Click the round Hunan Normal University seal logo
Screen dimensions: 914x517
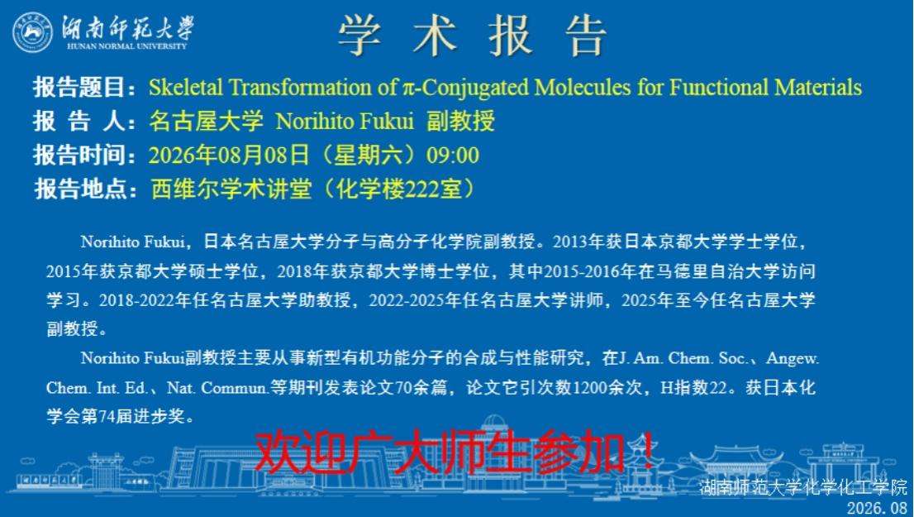point(33,33)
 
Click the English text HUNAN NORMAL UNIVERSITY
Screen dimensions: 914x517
point(127,46)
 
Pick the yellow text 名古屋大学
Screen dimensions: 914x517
point(207,122)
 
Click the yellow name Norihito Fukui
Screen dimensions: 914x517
point(345,122)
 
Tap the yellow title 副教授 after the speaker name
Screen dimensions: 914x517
point(460,122)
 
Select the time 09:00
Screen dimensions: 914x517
point(453,156)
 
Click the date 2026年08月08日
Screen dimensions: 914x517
point(228,156)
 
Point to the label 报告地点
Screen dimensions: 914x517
point(80,189)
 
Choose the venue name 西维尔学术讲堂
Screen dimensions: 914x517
point(231,189)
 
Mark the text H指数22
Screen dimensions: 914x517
point(693,387)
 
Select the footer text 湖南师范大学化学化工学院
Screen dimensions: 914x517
point(803,487)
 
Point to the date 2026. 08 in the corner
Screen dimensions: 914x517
point(878,508)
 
